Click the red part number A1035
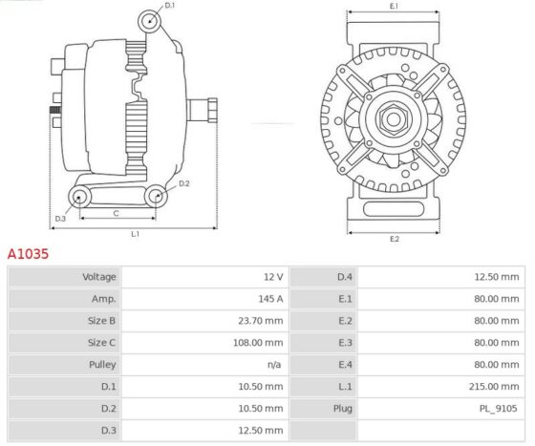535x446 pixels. pos(28,254)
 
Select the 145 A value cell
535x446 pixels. pos(270,299)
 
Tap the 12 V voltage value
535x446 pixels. pos(273,277)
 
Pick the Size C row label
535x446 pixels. pos(101,343)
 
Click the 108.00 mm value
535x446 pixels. pos(258,343)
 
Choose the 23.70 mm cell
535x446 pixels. pos(260,321)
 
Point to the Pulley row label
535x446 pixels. pos(102,365)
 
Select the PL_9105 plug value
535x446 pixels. pos(498,409)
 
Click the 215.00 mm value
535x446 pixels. pos(494,387)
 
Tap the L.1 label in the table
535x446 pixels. pos(345,387)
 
